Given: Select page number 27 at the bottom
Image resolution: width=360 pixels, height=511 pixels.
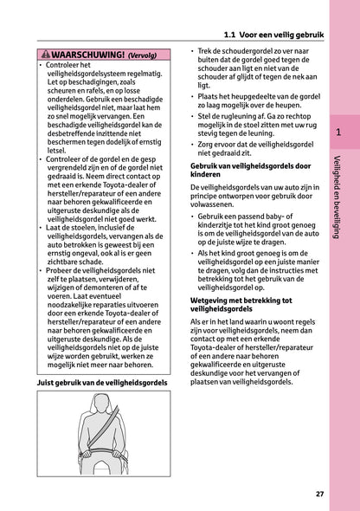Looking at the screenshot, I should (x=320, y=494).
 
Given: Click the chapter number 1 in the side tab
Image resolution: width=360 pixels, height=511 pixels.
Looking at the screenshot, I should (x=339, y=133).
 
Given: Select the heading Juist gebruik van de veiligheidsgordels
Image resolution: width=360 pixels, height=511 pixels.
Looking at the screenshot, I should (x=103, y=382).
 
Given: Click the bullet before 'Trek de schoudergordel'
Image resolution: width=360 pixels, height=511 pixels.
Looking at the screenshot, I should (x=192, y=53).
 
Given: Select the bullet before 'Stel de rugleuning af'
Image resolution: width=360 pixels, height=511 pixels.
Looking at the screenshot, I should (x=192, y=113).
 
